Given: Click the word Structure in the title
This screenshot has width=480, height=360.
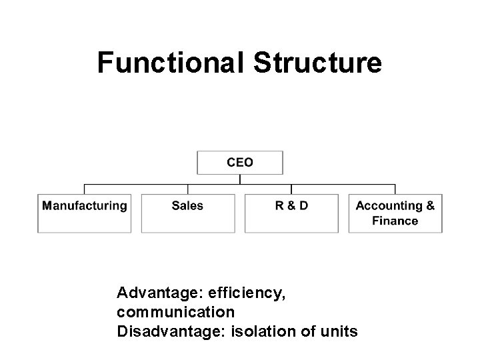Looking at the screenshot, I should [x=318, y=63].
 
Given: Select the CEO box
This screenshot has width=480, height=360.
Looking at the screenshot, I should [x=240, y=162].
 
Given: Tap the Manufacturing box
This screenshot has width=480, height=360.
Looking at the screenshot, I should [x=84, y=213].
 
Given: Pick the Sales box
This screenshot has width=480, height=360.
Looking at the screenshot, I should [x=188, y=213].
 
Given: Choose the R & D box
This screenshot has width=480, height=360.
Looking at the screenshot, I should [x=291, y=213].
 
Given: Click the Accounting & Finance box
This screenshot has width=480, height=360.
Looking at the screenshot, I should [x=395, y=213].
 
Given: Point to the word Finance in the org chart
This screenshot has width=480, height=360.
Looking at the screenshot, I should [x=395, y=221].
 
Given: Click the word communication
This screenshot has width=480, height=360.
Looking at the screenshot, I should [x=175, y=311].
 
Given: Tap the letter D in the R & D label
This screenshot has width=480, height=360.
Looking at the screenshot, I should [x=303, y=206].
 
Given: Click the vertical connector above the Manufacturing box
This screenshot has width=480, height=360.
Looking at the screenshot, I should [x=84, y=189].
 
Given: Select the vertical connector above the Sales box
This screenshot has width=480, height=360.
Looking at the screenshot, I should [x=188, y=189].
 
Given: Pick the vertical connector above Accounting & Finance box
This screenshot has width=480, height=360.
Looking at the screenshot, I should [x=395, y=189].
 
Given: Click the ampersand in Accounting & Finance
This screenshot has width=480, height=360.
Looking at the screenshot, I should [x=430, y=206].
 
